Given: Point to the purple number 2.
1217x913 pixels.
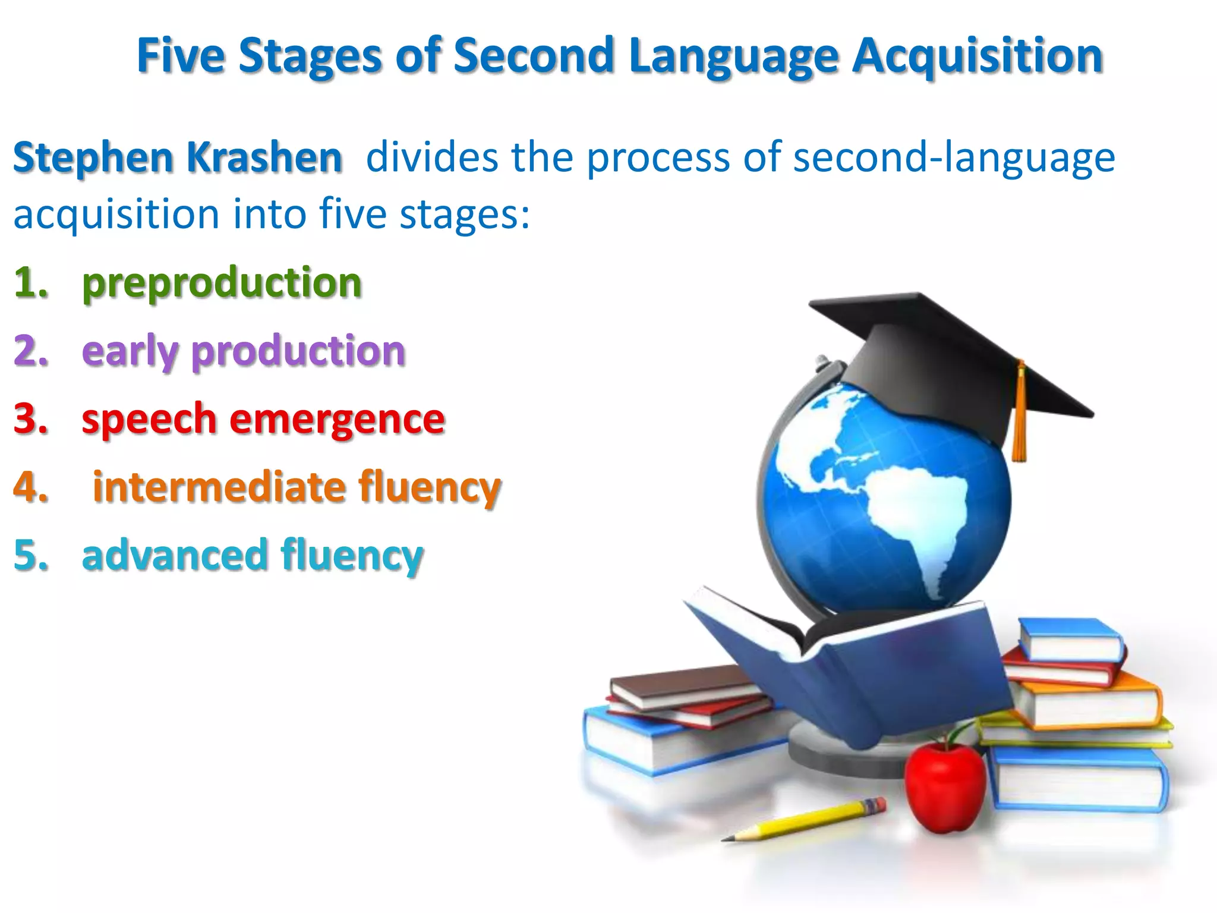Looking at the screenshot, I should pos(30,350).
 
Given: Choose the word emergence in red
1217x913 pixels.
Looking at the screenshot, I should pos(337,420).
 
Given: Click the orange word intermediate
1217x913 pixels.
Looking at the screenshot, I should pos(219,487).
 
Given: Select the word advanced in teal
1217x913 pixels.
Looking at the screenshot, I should pos(175,555).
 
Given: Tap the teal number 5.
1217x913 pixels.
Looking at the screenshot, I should pos(30,555).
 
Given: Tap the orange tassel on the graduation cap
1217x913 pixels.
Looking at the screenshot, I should pos(1020,416).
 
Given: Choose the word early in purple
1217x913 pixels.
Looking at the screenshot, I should pos(130,351).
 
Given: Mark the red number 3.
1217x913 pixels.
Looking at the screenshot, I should pos(30,418).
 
